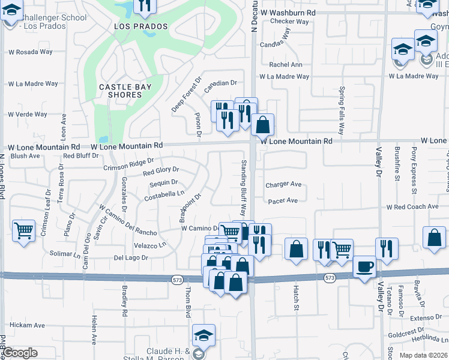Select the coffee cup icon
(364, 267)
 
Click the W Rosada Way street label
(29, 52)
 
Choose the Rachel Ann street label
(286, 65)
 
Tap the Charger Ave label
(283, 185)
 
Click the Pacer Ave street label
(283, 201)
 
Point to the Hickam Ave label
(27, 325)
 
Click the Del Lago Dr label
(130, 257)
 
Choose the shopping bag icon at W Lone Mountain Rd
(262, 125)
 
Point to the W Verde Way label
(27, 114)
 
